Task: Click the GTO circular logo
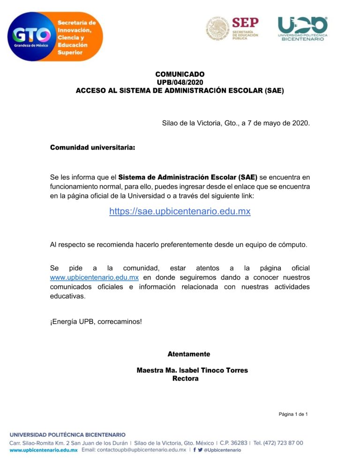[x=32, y=37]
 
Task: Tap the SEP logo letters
[x=245, y=22]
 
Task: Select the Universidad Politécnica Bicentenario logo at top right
[x=302, y=28]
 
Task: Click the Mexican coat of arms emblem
[x=217, y=28]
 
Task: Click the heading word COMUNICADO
[x=180, y=74]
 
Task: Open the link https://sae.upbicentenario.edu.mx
[x=180, y=211]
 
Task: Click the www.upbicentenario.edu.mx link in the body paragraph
[x=94, y=277]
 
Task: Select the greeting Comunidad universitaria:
[x=92, y=148]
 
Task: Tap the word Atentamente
[x=189, y=354]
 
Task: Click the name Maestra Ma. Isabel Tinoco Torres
[x=192, y=370]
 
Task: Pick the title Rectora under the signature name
[x=185, y=378]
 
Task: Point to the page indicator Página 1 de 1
[x=293, y=414]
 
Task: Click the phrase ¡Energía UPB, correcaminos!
[x=96, y=322]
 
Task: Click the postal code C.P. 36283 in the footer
[x=233, y=443]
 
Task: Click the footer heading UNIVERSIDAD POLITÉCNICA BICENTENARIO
[x=68, y=435]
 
